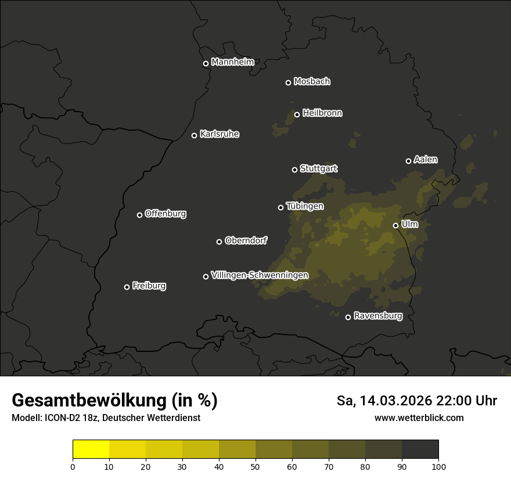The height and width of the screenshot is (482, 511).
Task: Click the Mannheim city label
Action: click(x=232, y=62)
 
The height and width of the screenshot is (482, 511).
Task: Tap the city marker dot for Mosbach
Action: click(x=288, y=82)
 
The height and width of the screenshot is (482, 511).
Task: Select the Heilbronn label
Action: click(x=322, y=113)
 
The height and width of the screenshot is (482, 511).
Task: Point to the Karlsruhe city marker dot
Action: click(x=194, y=135)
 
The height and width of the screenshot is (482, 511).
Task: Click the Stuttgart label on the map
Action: click(x=318, y=168)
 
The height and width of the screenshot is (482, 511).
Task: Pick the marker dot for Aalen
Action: click(x=408, y=161)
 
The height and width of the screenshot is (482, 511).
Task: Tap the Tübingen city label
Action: click(x=305, y=206)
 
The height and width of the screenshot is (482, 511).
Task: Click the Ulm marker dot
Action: click(x=395, y=225)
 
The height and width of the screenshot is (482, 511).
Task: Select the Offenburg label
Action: click(x=165, y=214)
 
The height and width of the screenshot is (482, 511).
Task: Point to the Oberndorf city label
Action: click(x=246, y=240)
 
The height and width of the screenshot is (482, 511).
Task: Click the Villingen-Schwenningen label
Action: click(x=260, y=275)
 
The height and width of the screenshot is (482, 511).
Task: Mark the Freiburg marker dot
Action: click(x=127, y=287)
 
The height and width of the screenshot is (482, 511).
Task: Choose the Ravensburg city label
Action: click(x=377, y=316)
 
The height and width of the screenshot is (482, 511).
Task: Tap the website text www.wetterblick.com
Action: click(x=419, y=418)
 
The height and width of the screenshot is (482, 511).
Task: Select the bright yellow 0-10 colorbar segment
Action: click(x=91, y=449)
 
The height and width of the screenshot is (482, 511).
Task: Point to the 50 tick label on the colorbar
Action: click(x=255, y=466)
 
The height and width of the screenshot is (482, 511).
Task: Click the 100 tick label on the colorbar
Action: click(x=438, y=466)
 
